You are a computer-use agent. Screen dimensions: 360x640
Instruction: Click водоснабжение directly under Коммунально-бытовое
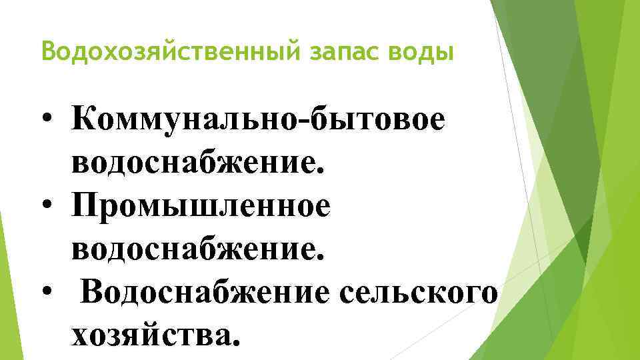pyautogui.click(x=193, y=163)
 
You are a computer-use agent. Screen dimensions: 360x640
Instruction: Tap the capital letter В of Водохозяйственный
pyautogui.click(x=47, y=51)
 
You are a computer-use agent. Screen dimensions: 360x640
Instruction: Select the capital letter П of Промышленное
pyautogui.click(x=87, y=206)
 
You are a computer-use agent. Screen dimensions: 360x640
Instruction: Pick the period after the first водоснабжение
pyautogui.click(x=321, y=173)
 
